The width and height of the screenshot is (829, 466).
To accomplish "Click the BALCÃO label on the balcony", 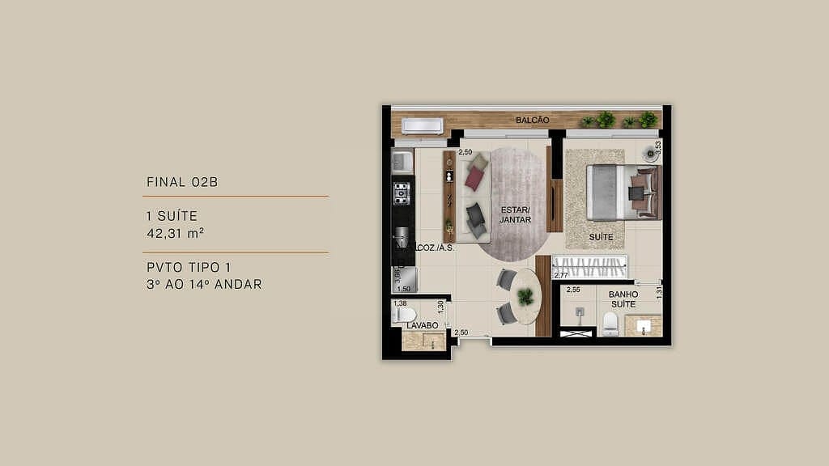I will pos(533,121).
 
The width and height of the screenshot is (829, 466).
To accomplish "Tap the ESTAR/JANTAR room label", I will pos(515,214).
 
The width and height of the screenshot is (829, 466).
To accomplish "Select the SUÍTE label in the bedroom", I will pos(601,237).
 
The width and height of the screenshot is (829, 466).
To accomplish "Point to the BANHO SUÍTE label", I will pos(623,299).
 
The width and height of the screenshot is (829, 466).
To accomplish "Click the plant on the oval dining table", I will pos(526,296).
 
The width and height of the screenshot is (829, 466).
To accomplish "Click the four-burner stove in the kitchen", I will pos(402,193).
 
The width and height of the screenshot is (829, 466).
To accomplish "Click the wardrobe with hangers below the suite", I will pos(590,267).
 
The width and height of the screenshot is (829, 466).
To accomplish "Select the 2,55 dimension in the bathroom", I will pos(573,290).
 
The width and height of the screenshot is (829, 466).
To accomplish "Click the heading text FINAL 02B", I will pos(182,182).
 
